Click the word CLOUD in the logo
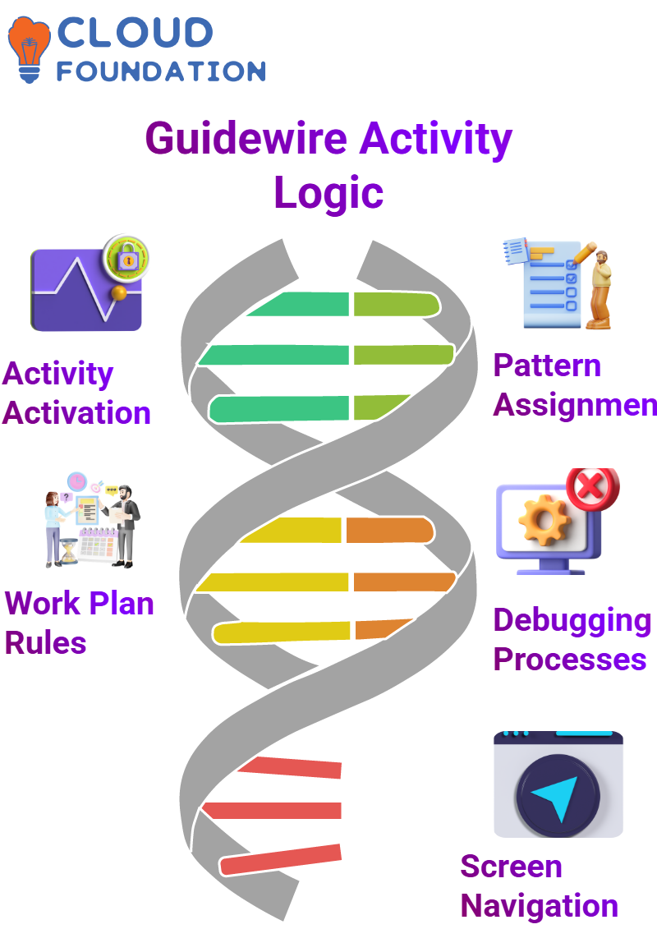point(135,33)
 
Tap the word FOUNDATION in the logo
point(161,71)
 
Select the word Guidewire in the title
point(246,139)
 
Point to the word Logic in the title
point(328,193)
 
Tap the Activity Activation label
point(76,393)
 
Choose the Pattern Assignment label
point(574,385)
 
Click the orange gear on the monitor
point(544,520)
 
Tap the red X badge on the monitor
point(593,489)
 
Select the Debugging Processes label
point(572,639)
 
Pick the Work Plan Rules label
point(79,623)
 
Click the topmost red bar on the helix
point(290,767)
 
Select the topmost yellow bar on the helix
point(291,530)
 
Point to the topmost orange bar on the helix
point(390,530)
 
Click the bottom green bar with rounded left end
point(278,408)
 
